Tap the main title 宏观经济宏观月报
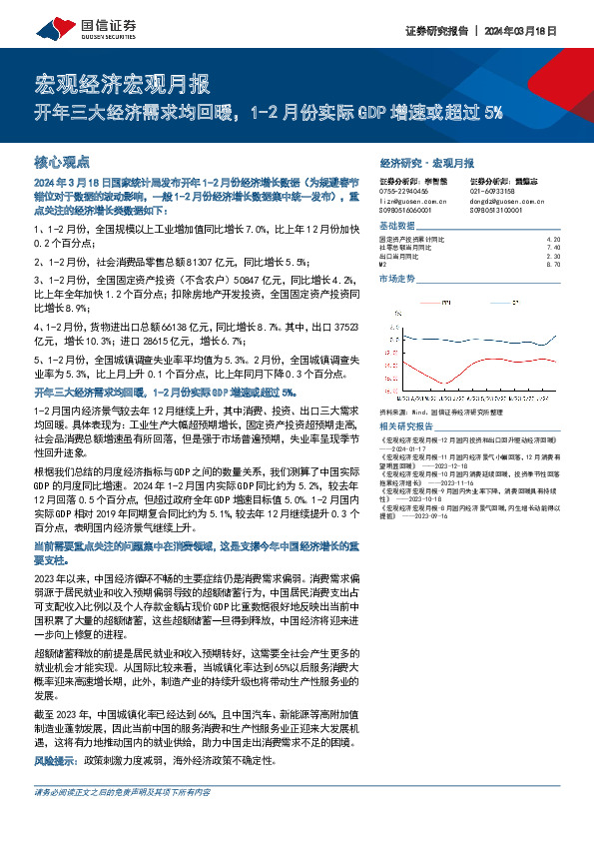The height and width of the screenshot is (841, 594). tap(122, 82)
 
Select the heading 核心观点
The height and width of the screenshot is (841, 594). tap(63, 161)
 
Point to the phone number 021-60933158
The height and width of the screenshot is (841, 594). tap(492, 191)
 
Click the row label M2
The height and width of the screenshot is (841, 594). tap(383, 264)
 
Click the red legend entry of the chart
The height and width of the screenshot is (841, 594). tap(429, 301)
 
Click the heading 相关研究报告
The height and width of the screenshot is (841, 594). tap(403, 424)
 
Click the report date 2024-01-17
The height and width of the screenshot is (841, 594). tap(419, 449)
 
